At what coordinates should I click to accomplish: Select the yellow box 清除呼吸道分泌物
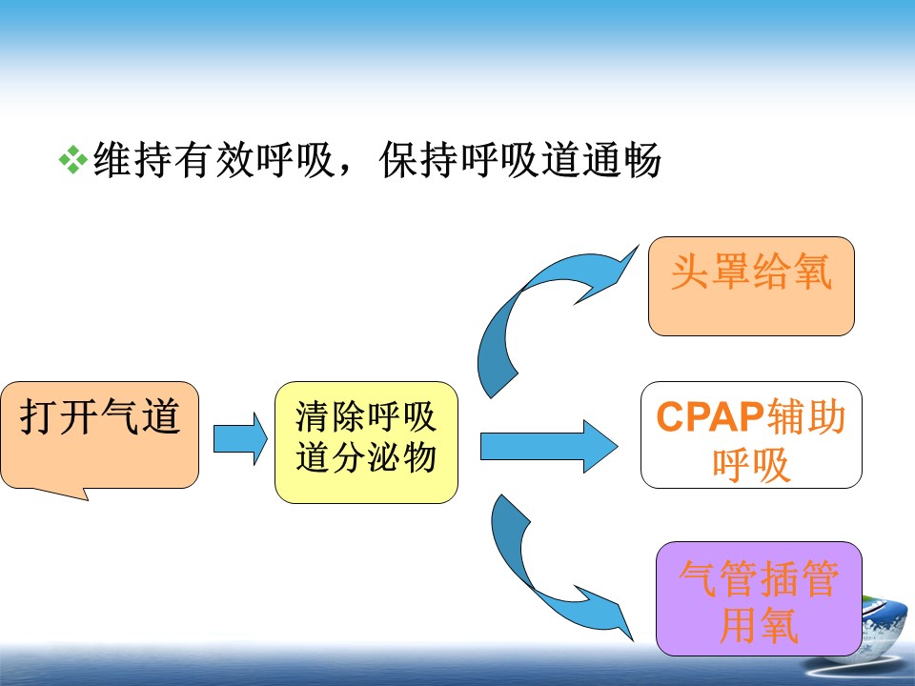click(x=366, y=442)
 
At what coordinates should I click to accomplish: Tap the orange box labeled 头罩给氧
click(x=751, y=286)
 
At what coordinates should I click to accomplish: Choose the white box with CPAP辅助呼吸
click(x=751, y=434)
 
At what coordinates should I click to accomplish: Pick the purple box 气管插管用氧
click(x=759, y=598)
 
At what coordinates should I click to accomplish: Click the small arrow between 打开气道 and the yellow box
click(x=240, y=439)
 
